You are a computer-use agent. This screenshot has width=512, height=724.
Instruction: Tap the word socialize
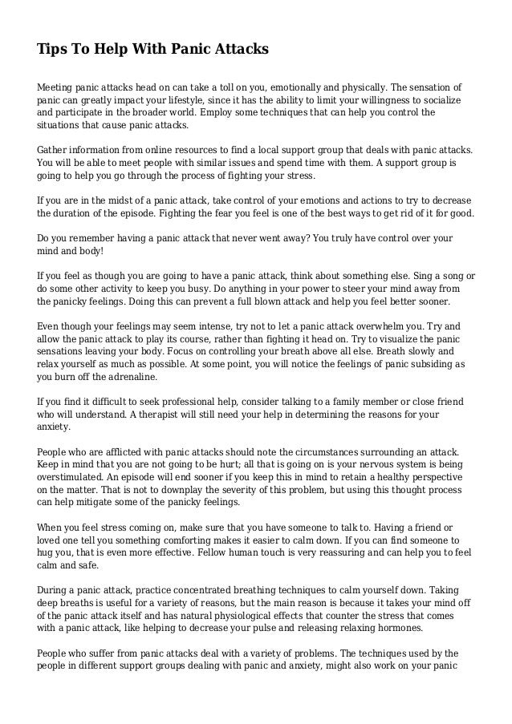coord(444,100)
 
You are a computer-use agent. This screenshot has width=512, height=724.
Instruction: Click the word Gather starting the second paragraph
coord(55,151)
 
